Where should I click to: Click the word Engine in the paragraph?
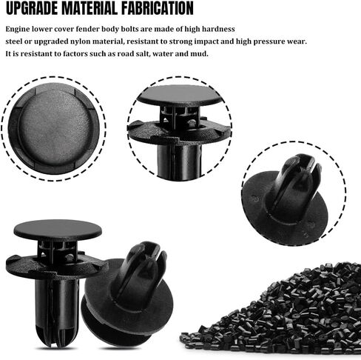[x=19, y=27]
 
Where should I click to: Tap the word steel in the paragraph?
[x=16, y=41]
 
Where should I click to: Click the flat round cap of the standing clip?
[x=57, y=229]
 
